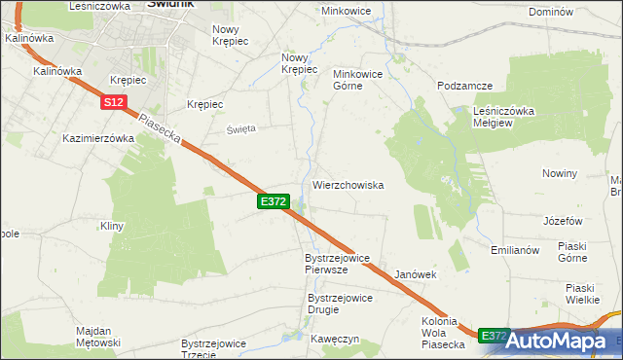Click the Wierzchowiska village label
348,185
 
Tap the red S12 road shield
113,101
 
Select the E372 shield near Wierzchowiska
274,201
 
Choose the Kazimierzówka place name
97,138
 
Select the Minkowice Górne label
361,80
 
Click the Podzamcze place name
464,86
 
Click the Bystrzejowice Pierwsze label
337,264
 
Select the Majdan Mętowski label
97,337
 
